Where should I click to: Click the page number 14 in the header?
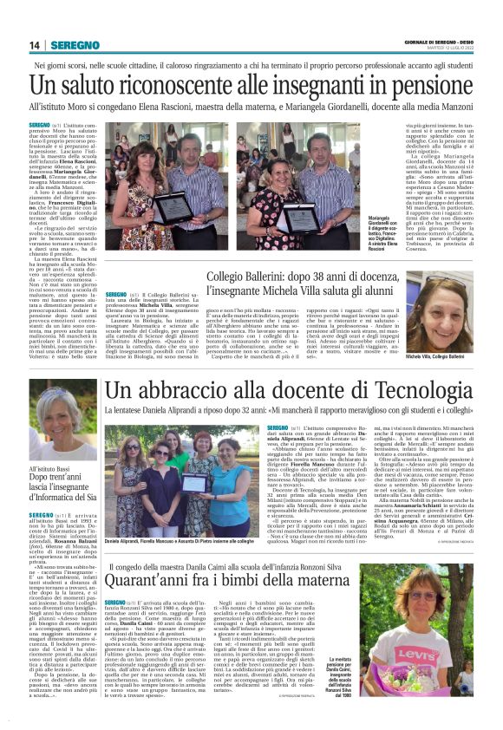pyautogui.click(x=36, y=45)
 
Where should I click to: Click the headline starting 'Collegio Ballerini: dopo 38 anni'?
pyautogui.click(x=325, y=281)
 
